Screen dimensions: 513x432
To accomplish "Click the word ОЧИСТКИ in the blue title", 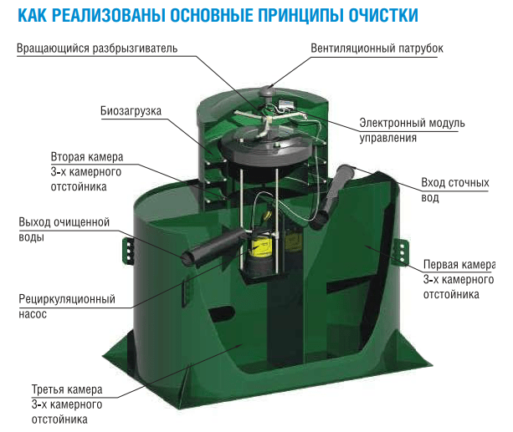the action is pos(382,15).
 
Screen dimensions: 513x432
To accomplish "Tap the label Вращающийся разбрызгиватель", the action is pos(97,48).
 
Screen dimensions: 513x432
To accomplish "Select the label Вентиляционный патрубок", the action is pos(377,48).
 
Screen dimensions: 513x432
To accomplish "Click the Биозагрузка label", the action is pos(131,111).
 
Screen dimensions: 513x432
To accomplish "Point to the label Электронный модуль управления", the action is pos(412,130).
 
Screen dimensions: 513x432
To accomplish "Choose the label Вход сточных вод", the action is pos(455,190).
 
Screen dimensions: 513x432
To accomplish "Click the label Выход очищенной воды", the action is pos(64,230).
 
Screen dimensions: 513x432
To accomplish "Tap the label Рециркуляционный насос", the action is pos(67,306).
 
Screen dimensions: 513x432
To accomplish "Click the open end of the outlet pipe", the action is pos(188,258).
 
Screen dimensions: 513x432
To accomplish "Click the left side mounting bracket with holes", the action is pos(128,250).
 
